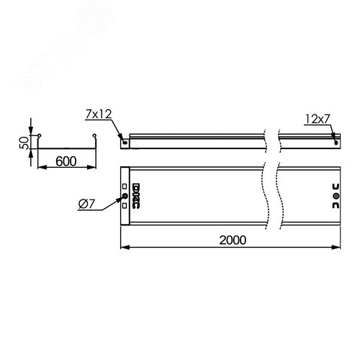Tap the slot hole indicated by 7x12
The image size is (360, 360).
(x=126, y=142)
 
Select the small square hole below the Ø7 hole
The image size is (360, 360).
(x=124, y=204)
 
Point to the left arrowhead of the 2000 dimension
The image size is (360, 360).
(x=122, y=247)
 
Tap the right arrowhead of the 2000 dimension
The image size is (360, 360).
(x=340, y=247)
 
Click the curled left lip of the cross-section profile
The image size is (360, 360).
(x=40, y=136)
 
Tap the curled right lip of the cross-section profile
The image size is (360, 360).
(x=93, y=136)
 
